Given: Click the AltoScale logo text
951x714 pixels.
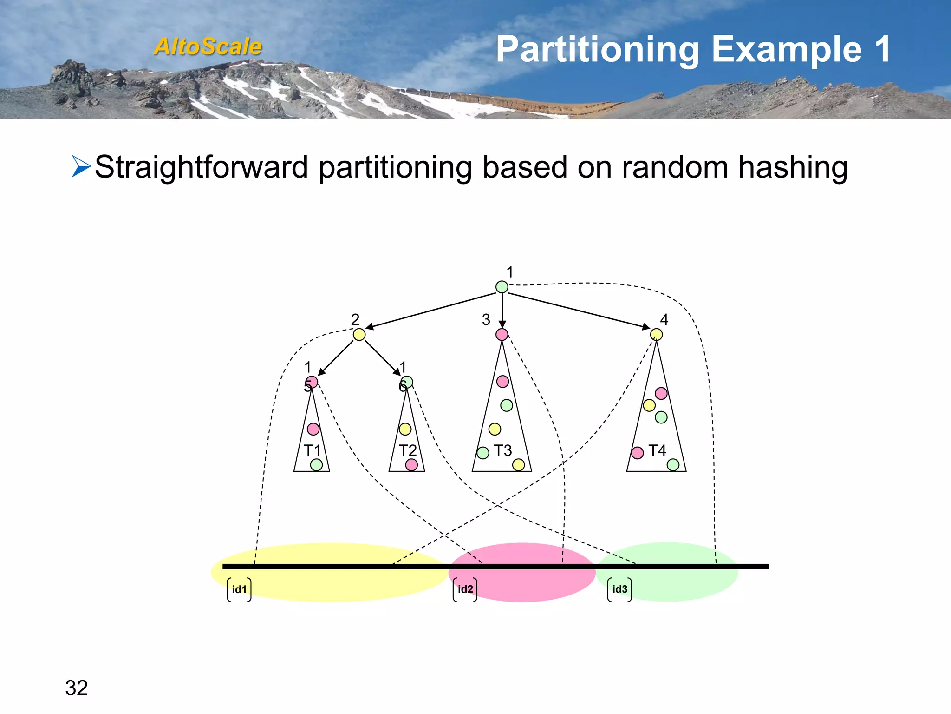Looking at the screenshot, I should pyautogui.click(x=208, y=46).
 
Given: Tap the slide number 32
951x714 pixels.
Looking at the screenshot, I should pyautogui.click(x=77, y=688).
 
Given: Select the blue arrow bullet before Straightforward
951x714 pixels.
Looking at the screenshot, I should pyautogui.click(x=81, y=166).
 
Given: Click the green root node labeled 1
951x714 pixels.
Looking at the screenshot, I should pyautogui.click(x=502, y=287).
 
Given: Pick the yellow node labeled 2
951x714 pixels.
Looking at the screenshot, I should pyautogui.click(x=359, y=334).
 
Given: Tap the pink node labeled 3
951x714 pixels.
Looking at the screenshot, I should pyautogui.click(x=502, y=334).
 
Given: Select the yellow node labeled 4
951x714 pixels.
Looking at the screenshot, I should pyautogui.click(x=656, y=334).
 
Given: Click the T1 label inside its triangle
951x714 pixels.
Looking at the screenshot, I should pyautogui.click(x=313, y=450).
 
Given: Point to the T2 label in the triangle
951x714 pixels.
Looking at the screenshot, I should pyautogui.click(x=408, y=450).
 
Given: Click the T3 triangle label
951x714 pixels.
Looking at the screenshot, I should pyautogui.click(x=503, y=450).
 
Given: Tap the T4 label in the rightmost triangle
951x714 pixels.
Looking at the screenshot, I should pyautogui.click(x=657, y=450).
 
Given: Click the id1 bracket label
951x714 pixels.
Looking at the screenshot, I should pyautogui.click(x=239, y=589).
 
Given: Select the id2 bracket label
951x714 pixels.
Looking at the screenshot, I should pyautogui.click(x=465, y=589).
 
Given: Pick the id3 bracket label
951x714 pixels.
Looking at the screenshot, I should pyautogui.click(x=620, y=589).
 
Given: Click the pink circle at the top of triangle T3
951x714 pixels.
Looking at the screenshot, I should pyautogui.click(x=503, y=382).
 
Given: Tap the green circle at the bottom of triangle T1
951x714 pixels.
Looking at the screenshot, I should pyautogui.click(x=316, y=464).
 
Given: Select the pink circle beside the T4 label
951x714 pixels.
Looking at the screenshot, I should pyautogui.click(x=638, y=453).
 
